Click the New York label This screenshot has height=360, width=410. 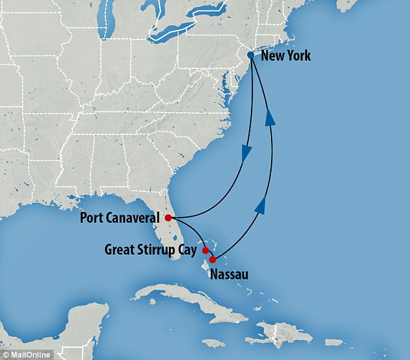(285, 56)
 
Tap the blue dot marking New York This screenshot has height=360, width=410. (251, 56)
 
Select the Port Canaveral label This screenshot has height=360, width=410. (121, 217)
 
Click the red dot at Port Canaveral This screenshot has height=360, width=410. (168, 217)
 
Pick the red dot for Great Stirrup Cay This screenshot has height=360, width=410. (206, 250)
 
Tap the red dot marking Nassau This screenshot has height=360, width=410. (213, 260)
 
